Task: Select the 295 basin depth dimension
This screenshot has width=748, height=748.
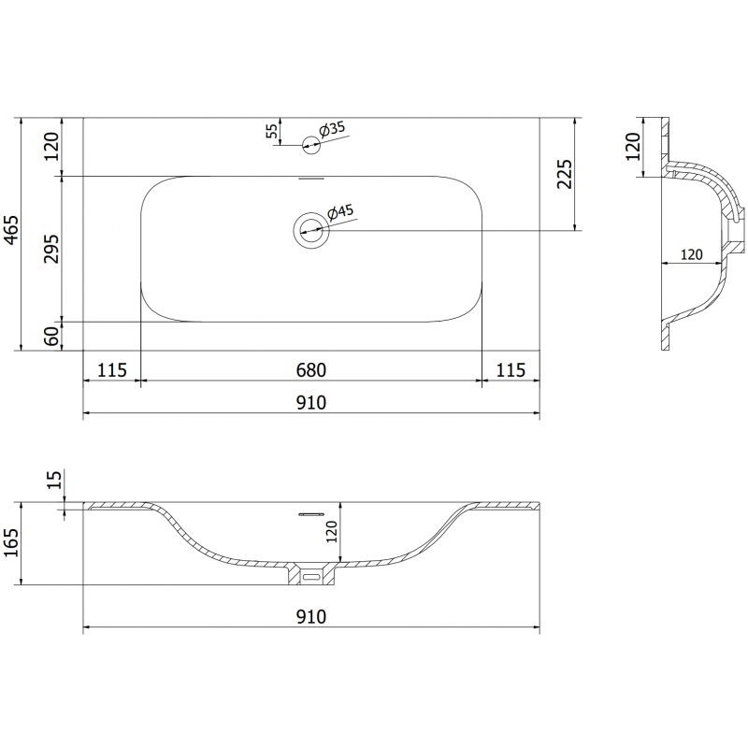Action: tap(51, 249)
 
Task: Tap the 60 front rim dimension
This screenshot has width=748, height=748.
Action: tap(51, 337)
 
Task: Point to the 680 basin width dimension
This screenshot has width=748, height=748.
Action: tap(311, 370)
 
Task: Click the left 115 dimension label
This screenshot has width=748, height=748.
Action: tap(112, 370)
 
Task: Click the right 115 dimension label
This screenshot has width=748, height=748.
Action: tap(511, 370)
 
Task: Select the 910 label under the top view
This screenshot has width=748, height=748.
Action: tap(311, 403)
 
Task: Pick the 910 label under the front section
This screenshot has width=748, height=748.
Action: tap(311, 617)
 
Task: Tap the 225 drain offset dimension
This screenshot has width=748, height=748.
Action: tap(565, 174)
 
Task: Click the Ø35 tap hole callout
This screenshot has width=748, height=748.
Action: tap(332, 129)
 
